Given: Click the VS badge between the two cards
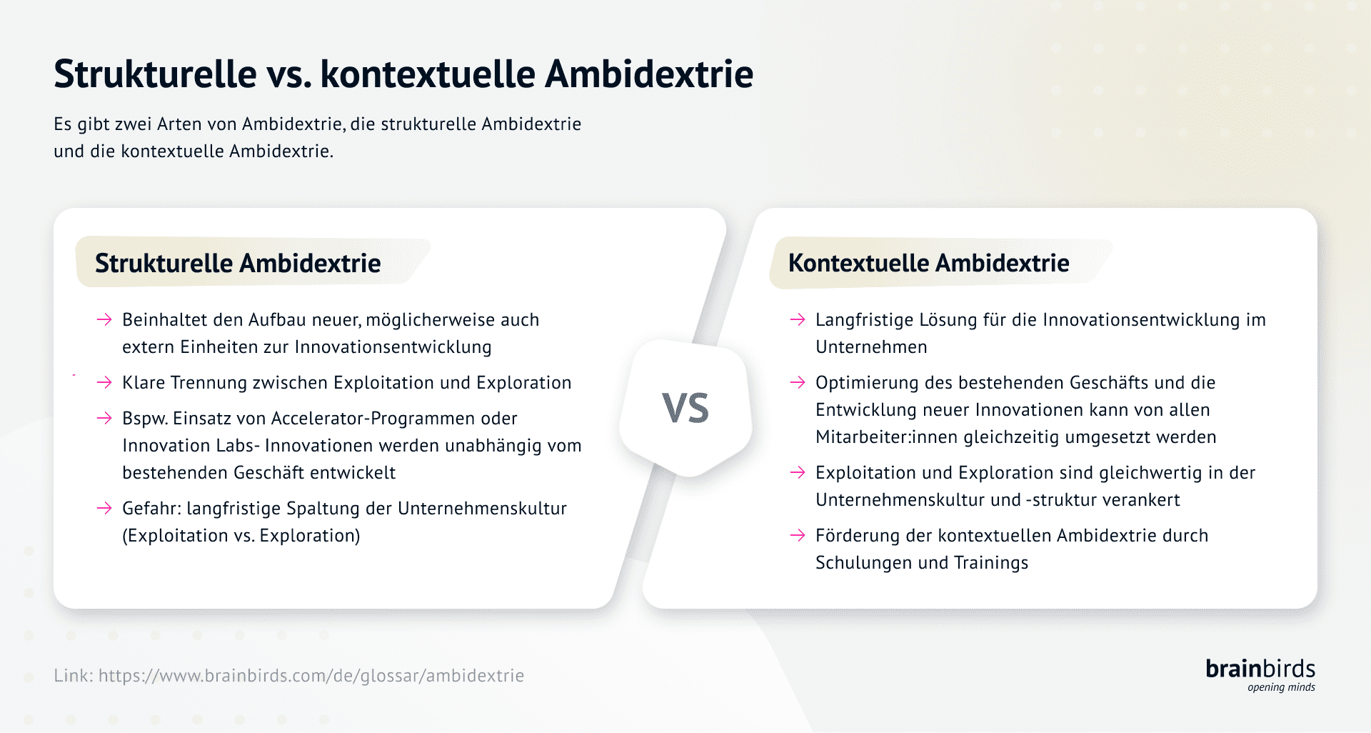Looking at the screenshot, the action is click(x=685, y=408).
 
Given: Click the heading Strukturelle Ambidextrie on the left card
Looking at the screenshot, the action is click(x=238, y=263).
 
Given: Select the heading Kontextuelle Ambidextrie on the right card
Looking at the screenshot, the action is click(x=928, y=263).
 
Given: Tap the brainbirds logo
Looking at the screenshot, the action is click(x=1260, y=674).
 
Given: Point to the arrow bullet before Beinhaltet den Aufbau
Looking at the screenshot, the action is click(x=104, y=319).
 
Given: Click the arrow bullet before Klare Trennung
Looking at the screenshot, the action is click(x=104, y=382).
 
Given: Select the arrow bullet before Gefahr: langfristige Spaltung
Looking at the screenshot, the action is click(x=104, y=508).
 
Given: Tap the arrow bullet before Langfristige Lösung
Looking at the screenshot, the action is click(x=798, y=319).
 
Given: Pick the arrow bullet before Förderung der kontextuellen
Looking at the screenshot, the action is click(x=798, y=535).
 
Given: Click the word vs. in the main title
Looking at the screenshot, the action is click(x=289, y=74).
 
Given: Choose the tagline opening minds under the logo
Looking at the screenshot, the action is click(x=1281, y=687).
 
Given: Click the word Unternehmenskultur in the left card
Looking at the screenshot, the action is click(x=482, y=508).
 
